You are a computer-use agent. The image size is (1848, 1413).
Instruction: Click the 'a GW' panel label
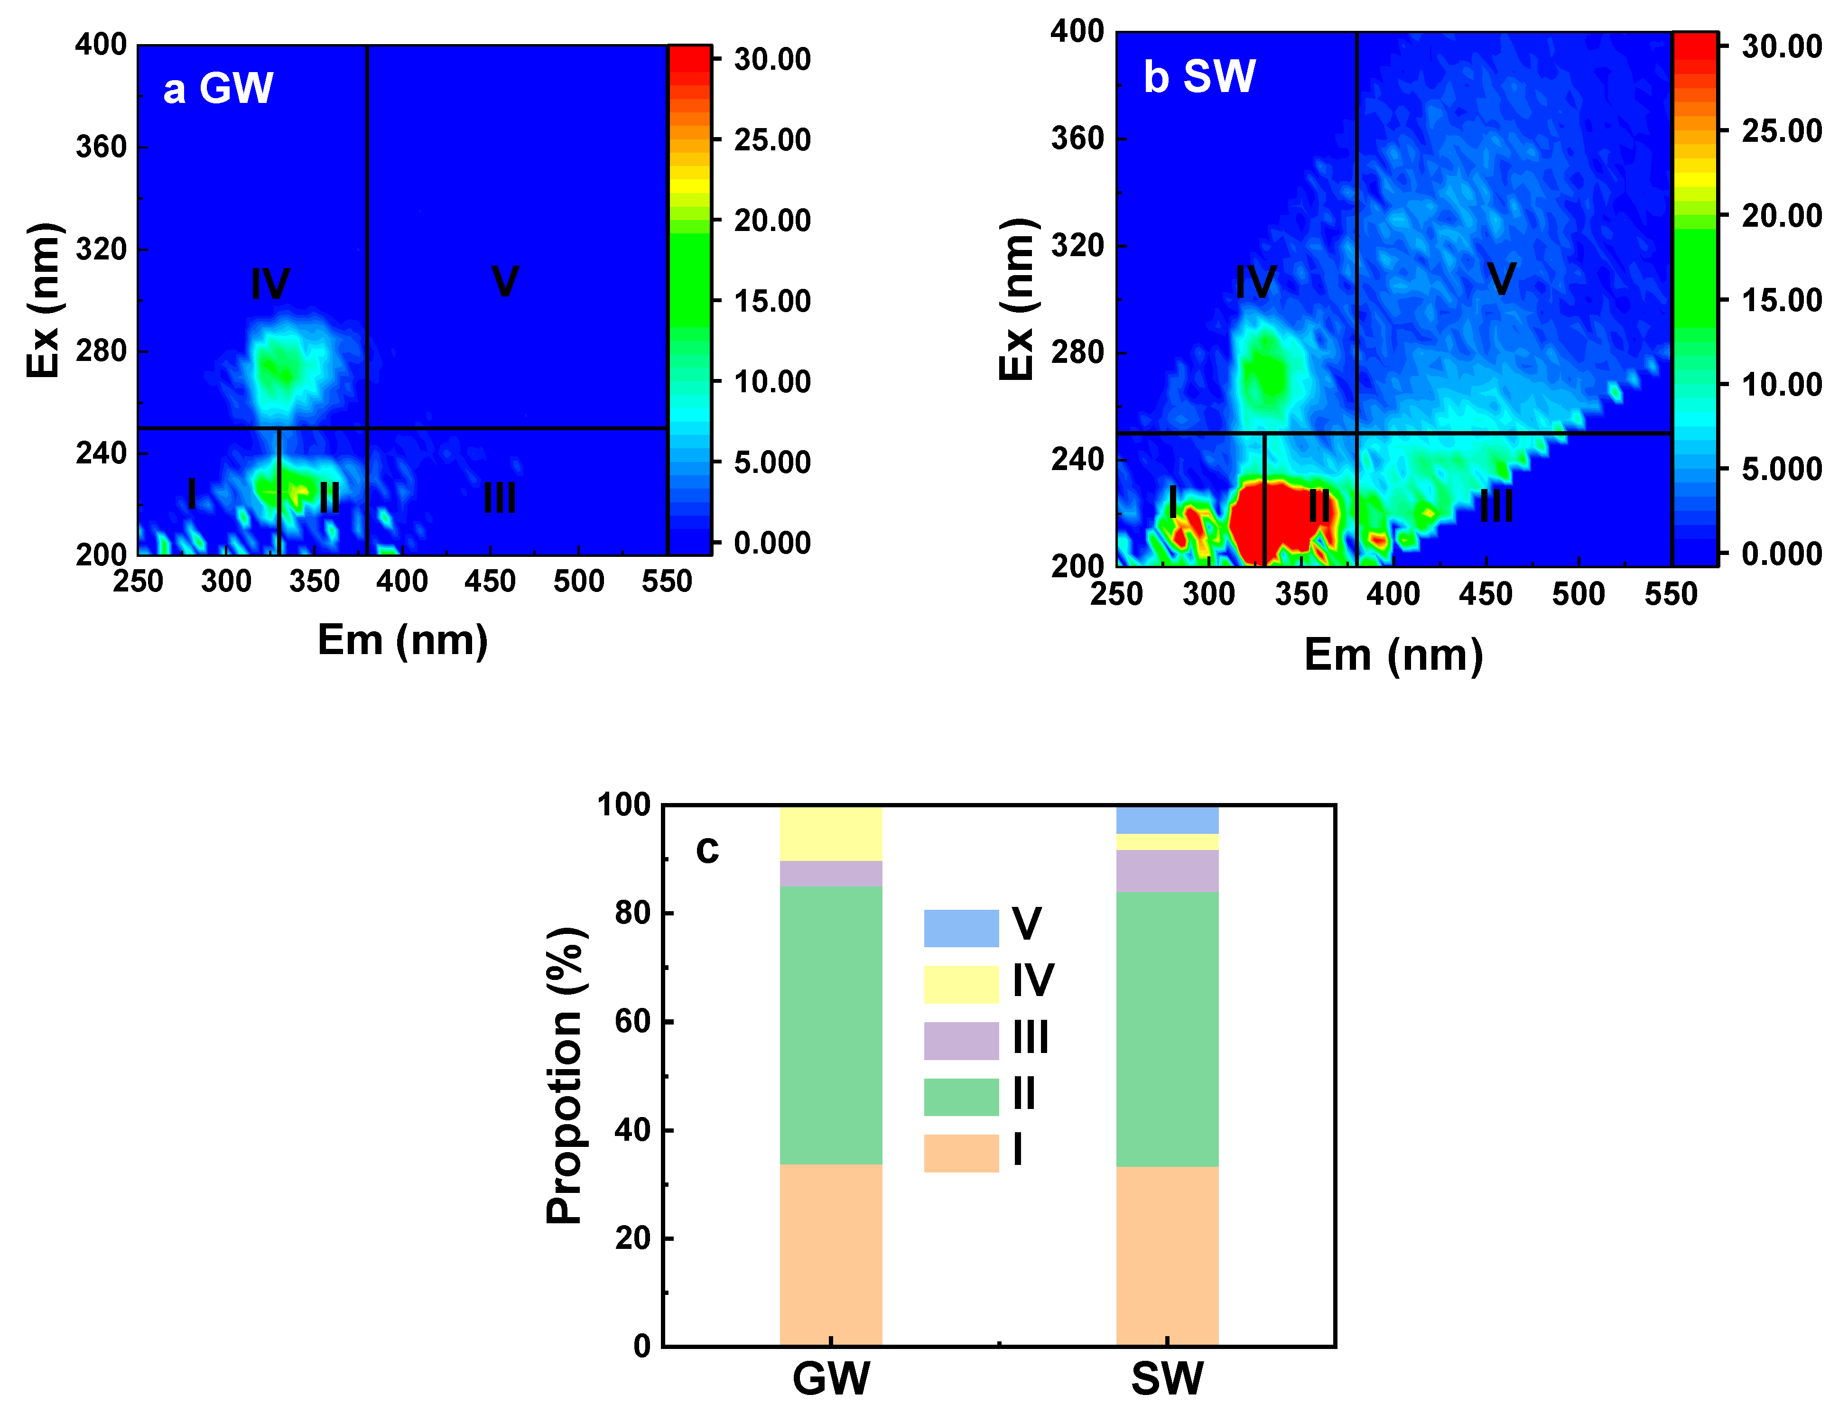coord(218,88)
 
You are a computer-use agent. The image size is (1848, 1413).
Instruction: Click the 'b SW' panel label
coord(1198,76)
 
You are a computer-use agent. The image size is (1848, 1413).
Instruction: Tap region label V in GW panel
coord(505,281)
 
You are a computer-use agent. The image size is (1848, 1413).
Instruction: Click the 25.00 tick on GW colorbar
coord(771,139)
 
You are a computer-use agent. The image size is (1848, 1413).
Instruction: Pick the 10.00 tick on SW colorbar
coord(1781,384)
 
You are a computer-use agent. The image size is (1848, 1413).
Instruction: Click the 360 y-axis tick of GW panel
coord(101,147)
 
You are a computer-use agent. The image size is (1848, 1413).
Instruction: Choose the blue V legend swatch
coord(961,928)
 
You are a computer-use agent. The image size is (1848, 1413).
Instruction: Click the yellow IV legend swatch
coord(961,984)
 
